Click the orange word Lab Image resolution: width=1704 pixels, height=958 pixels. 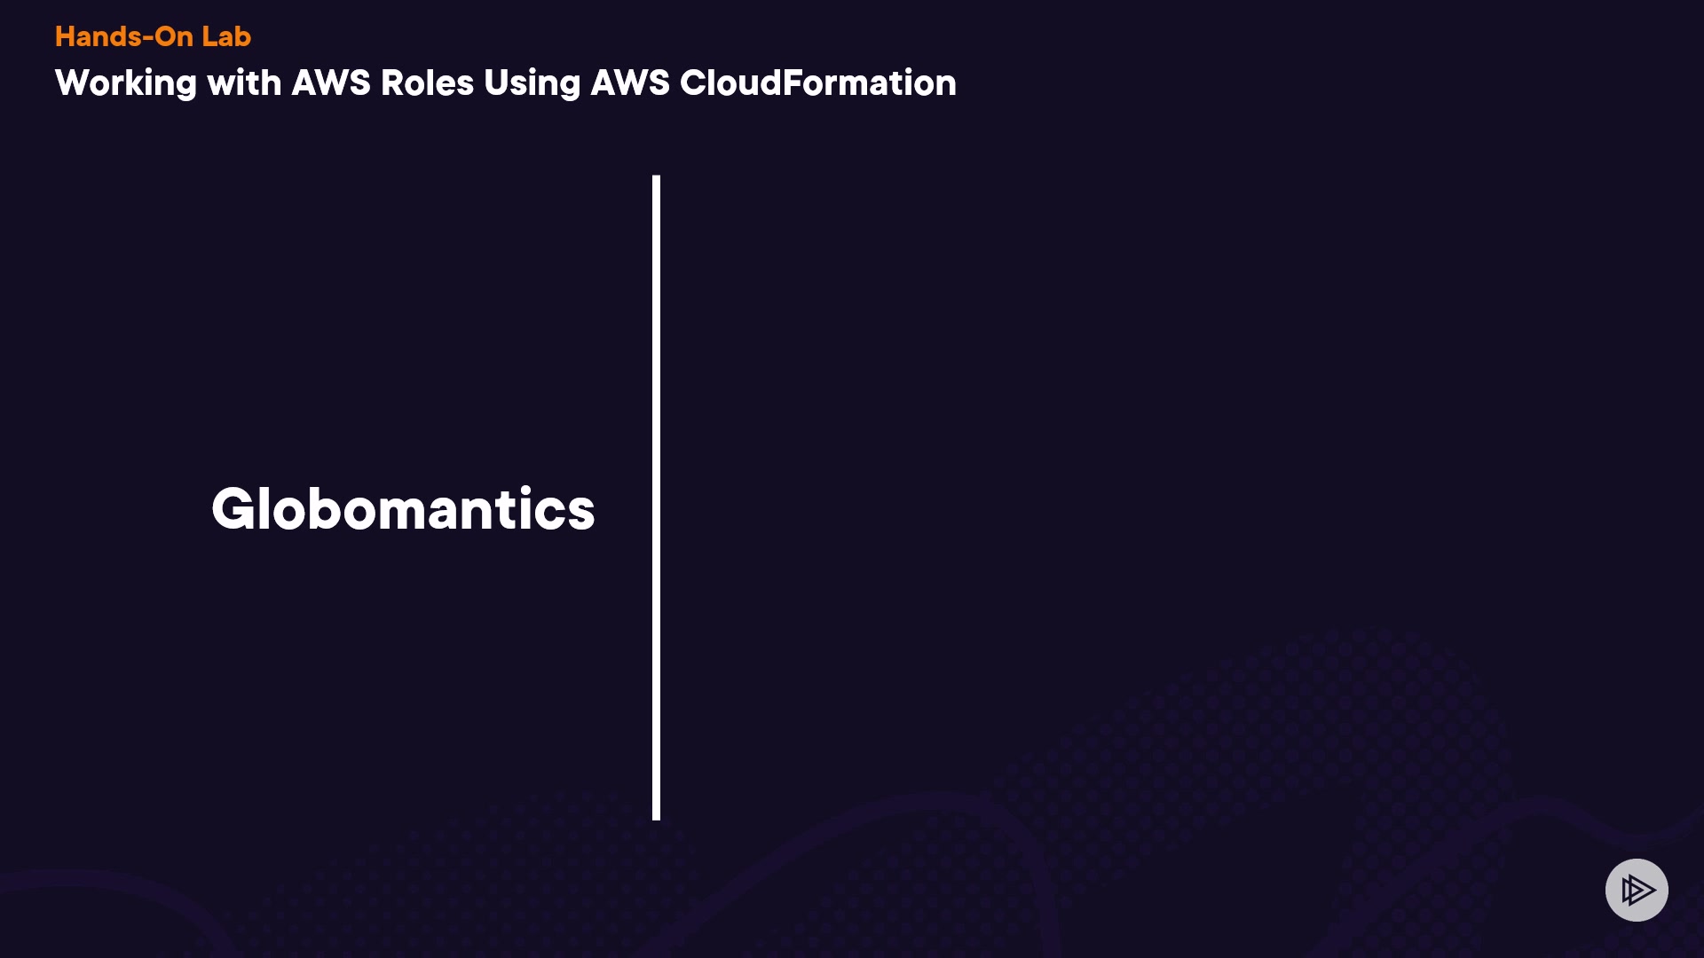[225, 36]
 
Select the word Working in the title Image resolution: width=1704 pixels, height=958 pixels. [125, 83]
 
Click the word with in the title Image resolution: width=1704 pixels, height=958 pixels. [243, 83]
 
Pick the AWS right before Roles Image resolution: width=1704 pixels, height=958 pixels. [331, 83]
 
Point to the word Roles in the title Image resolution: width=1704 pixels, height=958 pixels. [427, 83]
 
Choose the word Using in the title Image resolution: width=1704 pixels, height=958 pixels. [532, 83]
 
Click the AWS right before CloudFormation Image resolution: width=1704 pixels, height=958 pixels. [630, 83]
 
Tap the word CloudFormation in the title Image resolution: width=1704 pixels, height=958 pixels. [817, 83]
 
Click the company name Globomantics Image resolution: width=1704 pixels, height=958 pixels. [403, 509]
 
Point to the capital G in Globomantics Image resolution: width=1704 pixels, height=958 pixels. [233, 509]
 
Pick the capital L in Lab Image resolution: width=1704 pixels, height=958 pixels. [208, 36]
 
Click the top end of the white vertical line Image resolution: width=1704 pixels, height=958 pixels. [656, 178]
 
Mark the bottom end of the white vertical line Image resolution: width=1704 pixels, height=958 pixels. [656, 817]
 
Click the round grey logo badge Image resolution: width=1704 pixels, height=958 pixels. [1637, 890]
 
